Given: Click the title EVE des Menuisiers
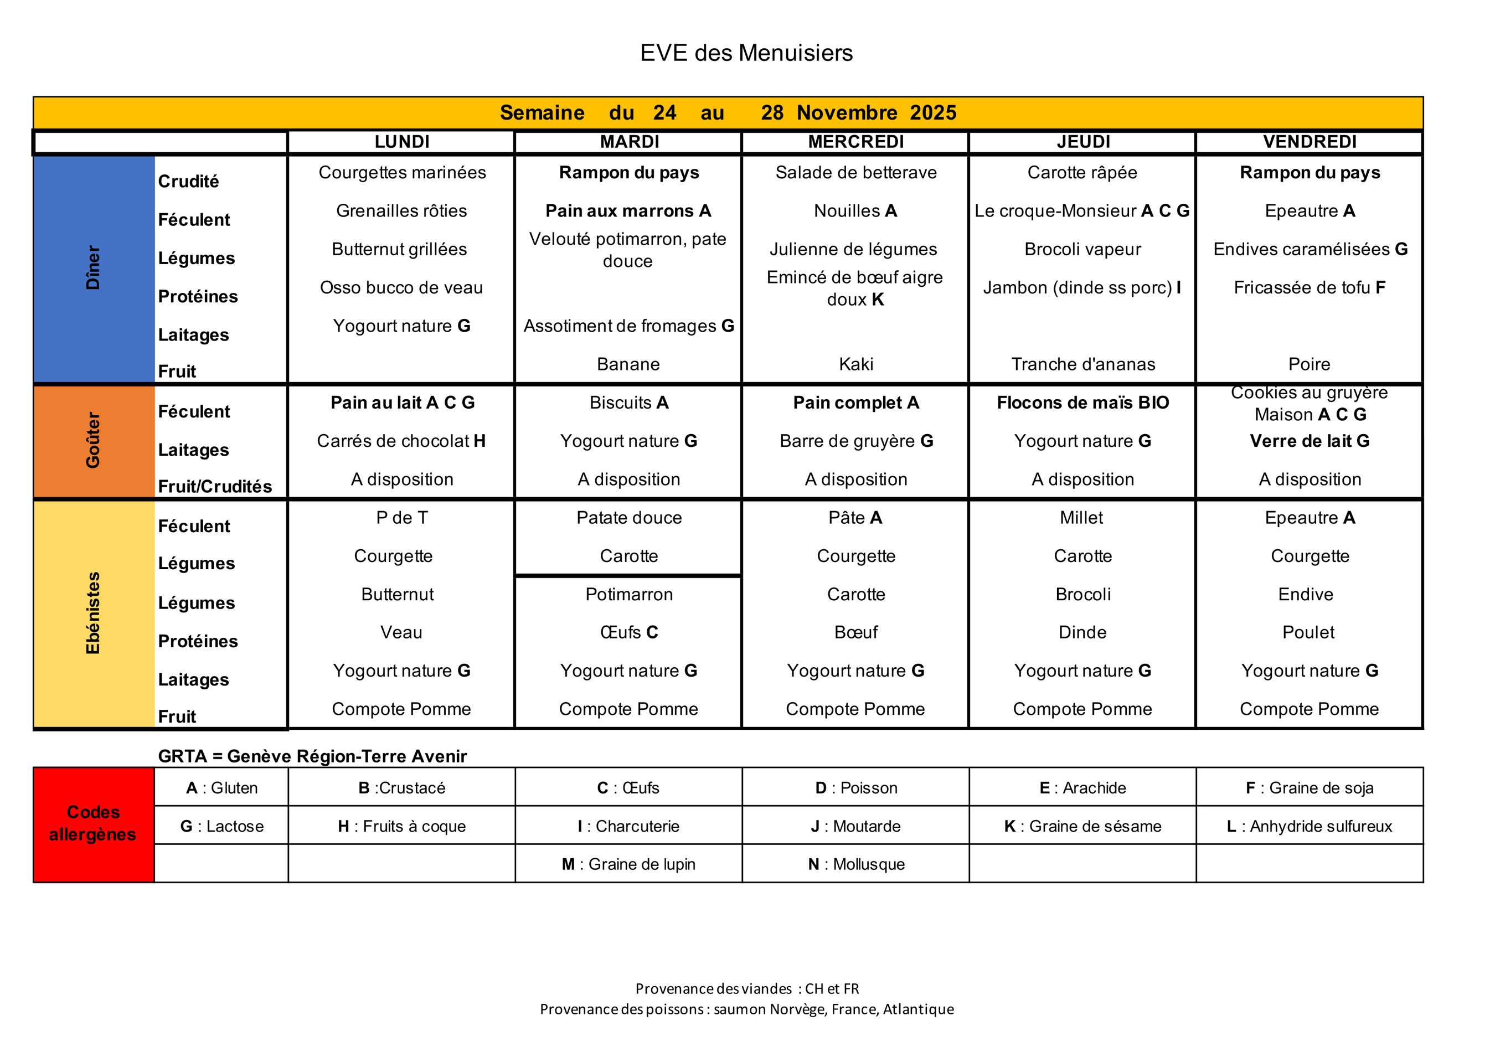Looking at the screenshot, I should tap(746, 53).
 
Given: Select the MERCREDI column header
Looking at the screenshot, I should tap(855, 142).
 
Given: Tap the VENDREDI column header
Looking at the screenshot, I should tap(1310, 142).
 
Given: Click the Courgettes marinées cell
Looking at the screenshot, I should tap(402, 173).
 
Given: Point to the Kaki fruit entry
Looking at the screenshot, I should tap(855, 364).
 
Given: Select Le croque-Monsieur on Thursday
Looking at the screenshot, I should tap(1081, 211).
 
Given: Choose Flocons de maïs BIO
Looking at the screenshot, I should tap(1082, 403).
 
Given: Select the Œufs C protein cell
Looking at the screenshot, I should tap(629, 632).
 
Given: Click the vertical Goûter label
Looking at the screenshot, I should tap(93, 440).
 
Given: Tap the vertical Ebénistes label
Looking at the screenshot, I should tap(93, 613).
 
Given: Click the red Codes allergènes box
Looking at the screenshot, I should tap(93, 824).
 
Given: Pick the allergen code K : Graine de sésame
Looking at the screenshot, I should tap(1082, 827).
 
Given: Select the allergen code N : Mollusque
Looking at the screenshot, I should tap(855, 864).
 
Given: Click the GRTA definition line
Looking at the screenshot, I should tap(312, 756).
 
